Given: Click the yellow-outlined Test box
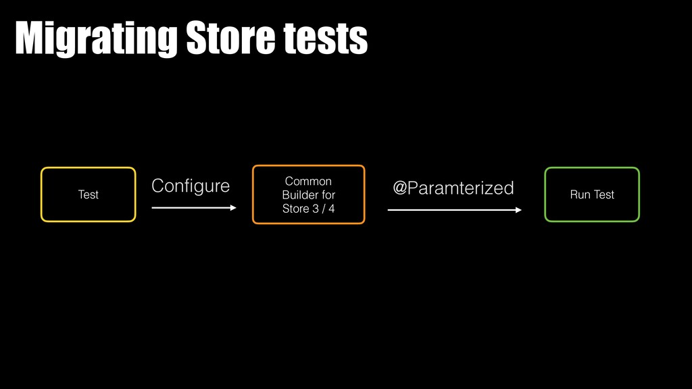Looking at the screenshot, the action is coord(89,194).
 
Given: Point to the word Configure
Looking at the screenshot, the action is coord(190,186).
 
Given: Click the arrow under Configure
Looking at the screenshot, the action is coord(193,208).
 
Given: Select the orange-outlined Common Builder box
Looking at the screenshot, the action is coord(308,194).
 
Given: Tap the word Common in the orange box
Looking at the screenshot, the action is coord(308,181).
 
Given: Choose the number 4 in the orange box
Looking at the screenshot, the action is coord(331,208).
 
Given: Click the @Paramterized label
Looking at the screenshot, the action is coord(453,188).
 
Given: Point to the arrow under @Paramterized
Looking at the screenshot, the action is coord(453,210).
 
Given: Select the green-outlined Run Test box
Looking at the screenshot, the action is coord(592,194).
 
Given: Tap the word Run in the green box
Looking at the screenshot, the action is coord(580,194).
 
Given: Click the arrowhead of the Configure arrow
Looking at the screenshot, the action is coord(233,208).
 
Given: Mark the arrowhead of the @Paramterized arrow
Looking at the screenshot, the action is coord(518,210).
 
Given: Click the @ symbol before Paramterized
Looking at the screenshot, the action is coord(400,188).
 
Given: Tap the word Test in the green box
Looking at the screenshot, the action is coord(603,194).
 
